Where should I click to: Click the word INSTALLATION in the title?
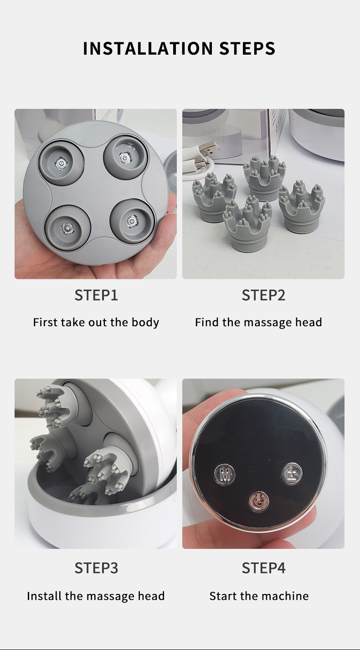(x=148, y=48)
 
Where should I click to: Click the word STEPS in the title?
(x=247, y=48)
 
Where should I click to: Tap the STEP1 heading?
(x=96, y=295)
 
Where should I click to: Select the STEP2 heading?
(x=263, y=295)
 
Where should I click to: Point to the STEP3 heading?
(x=96, y=568)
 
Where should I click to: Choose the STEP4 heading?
(x=263, y=568)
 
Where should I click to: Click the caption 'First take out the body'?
(x=96, y=322)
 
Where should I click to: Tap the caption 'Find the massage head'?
(x=258, y=322)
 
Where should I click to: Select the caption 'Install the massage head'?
(x=96, y=596)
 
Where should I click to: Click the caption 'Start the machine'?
(x=259, y=596)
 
